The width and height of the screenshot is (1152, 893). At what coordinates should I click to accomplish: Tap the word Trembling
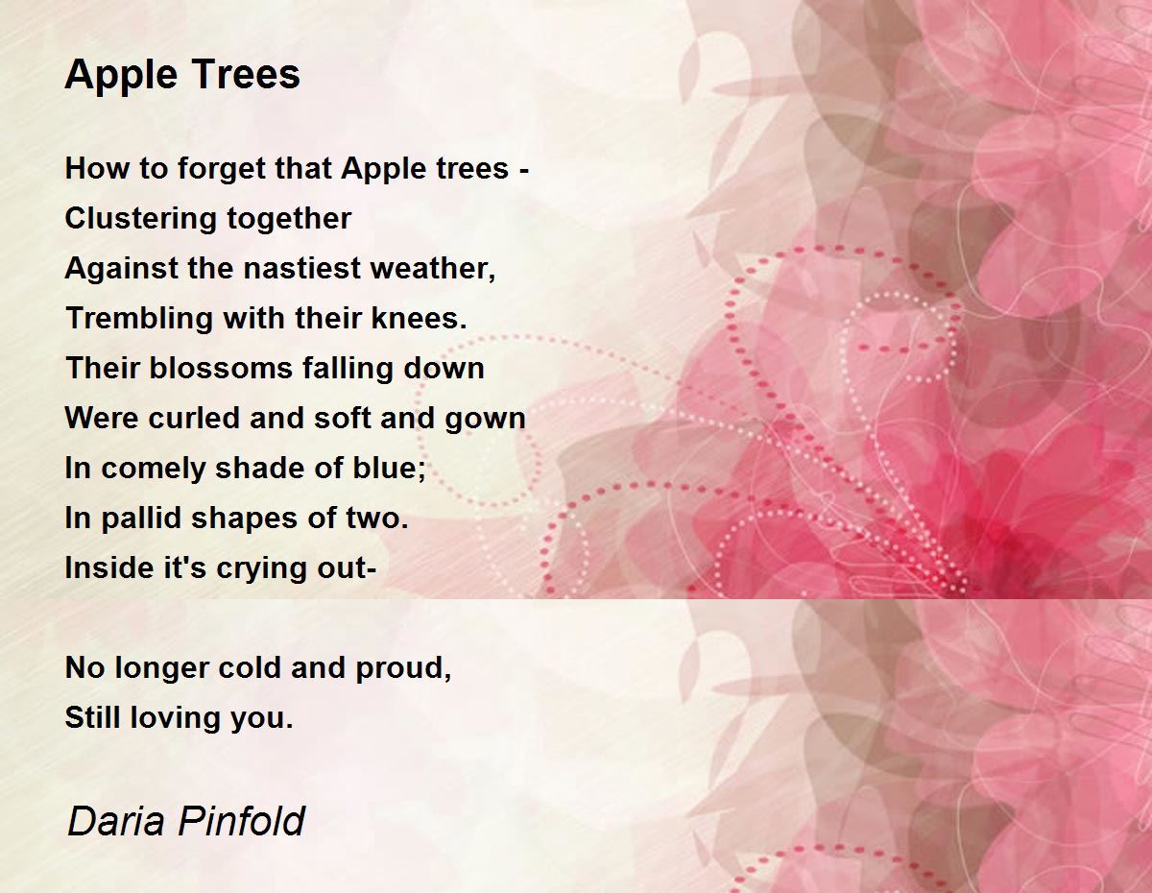(x=139, y=319)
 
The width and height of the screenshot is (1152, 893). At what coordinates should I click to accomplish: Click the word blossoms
(x=220, y=369)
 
